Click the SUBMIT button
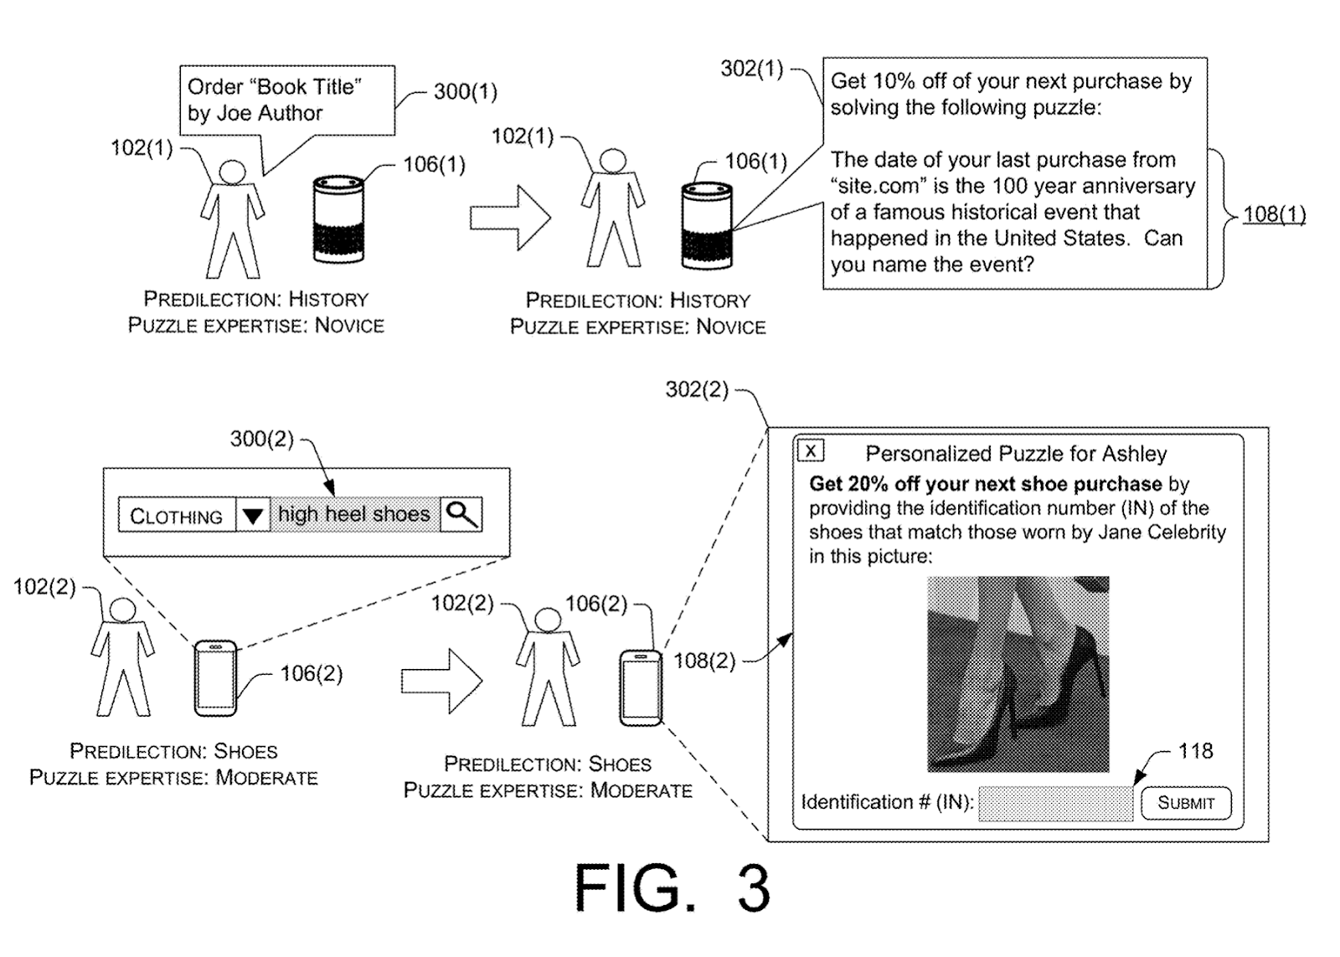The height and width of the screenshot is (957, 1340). coord(1185,803)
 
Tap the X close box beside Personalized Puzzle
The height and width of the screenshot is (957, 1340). coord(810,450)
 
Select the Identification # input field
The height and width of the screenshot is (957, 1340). coord(1055,804)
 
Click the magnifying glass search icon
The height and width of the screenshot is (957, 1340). coord(461,513)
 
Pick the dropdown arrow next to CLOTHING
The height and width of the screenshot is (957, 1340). coord(253,515)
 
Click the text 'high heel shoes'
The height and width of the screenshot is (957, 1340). coord(353,514)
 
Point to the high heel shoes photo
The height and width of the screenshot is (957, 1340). coord(1018,673)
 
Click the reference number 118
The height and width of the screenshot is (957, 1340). coord(1195,751)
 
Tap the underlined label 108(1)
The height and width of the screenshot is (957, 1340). coord(1274,214)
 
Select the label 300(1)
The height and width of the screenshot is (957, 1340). coord(465,91)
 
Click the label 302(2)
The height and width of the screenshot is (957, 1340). coord(697,389)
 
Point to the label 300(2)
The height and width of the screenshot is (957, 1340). coord(262,439)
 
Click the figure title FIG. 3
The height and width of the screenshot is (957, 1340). coord(672,889)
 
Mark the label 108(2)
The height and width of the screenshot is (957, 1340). coord(704,661)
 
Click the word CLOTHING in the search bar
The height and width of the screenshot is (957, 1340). coord(176,516)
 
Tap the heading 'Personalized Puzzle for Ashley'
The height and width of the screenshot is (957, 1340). coord(1016,454)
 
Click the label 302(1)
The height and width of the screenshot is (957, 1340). coord(751,69)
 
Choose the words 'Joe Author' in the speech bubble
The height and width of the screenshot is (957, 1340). coord(270,113)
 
